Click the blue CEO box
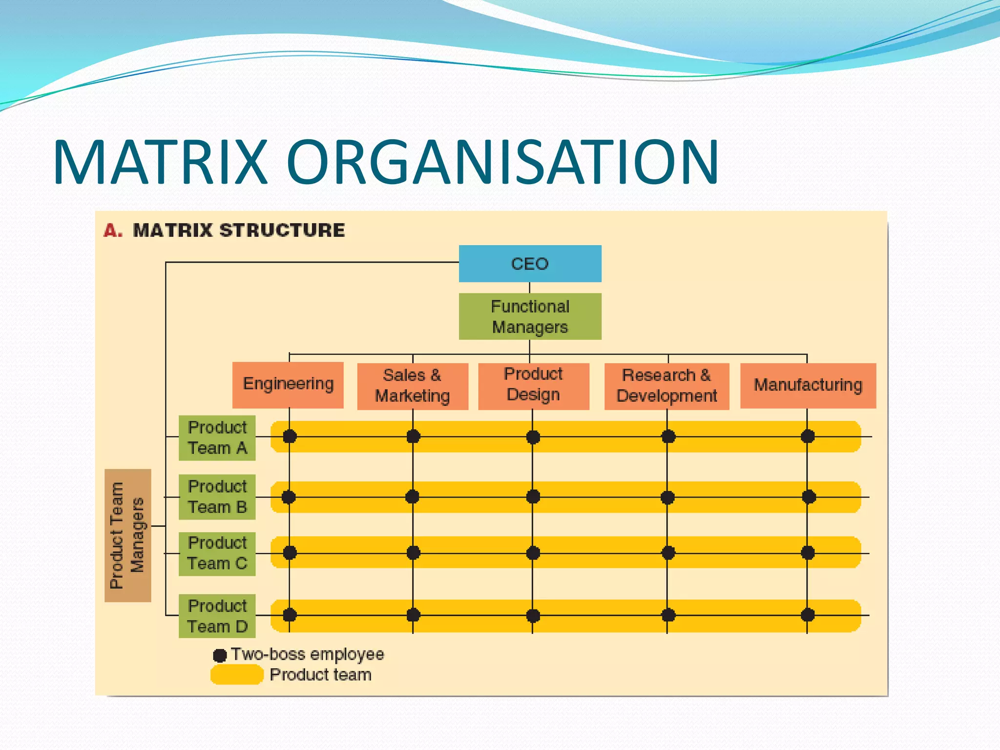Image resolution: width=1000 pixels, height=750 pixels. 530,264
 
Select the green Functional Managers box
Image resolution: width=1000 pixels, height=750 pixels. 530,316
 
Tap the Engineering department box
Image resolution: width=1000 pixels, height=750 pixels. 288,385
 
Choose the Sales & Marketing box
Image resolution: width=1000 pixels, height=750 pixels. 413,386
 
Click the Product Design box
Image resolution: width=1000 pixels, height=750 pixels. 533,386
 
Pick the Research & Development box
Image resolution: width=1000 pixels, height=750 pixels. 667,386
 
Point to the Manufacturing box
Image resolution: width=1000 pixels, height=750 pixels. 808,385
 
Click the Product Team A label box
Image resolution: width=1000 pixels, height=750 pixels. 217,438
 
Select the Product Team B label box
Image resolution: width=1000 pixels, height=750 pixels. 217,497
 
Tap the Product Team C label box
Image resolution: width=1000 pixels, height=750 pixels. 217,554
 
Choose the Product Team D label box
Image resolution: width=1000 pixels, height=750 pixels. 217,616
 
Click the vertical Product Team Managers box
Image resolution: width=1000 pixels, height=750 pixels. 128,536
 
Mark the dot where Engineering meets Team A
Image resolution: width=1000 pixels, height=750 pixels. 290,437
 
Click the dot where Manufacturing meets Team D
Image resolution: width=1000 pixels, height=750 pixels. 808,615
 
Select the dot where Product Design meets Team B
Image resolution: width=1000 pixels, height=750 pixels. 533,497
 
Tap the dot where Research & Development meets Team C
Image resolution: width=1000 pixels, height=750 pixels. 668,553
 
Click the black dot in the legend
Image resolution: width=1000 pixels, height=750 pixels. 220,655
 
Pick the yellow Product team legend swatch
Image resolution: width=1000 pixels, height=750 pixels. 237,675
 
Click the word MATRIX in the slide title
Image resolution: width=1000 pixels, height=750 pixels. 161,162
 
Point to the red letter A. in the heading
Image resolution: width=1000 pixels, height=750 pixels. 113,230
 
